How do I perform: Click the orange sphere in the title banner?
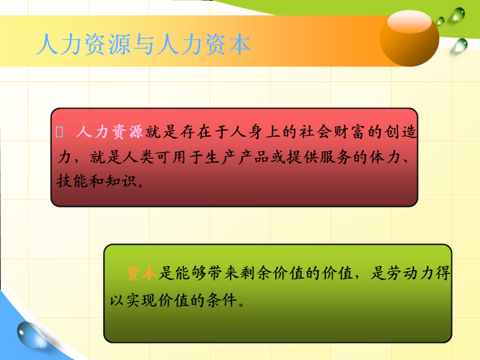coord(410,39)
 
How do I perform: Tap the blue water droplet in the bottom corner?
coord(31,335)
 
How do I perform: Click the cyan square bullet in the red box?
coord(59,132)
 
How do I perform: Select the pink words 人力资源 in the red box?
coord(110,132)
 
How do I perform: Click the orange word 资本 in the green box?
coord(141,273)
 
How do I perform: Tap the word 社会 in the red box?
coord(316,132)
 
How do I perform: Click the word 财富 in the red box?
coord(350,132)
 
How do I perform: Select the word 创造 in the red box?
coord(400,132)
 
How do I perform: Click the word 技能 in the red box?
coord(72,181)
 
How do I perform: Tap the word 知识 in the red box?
coord(121,181)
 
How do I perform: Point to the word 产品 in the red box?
coord(253,157)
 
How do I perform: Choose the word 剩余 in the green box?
coord(256,273)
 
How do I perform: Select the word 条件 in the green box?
coord(222,300)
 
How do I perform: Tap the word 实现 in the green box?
coord(142,300)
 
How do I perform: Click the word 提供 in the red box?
coord(302,157)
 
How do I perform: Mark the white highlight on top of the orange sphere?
coord(409,21)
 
